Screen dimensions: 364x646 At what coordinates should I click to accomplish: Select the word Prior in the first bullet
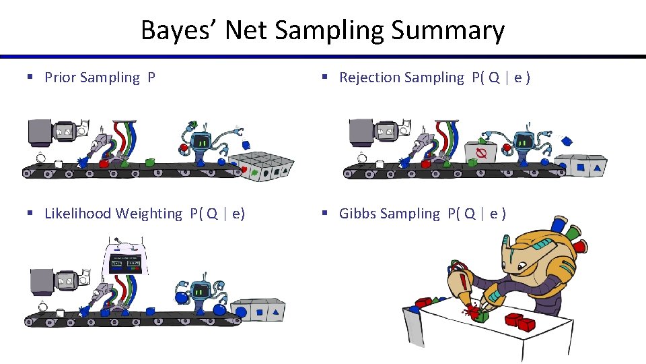(60, 78)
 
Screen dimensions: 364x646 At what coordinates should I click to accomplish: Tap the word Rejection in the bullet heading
(369, 78)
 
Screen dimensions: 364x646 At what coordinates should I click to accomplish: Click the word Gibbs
(357, 214)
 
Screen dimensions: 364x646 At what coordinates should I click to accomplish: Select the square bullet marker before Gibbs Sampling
(324, 214)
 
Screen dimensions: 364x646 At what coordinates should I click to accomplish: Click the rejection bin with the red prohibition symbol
(481, 154)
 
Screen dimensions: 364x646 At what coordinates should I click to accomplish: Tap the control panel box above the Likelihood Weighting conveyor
(125, 260)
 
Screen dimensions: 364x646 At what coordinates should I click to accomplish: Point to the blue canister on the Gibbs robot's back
(557, 225)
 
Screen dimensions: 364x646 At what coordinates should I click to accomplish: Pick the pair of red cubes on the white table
(521, 320)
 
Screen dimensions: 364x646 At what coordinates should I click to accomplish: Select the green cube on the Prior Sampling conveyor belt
(149, 162)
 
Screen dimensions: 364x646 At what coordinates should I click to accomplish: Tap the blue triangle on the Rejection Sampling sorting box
(597, 164)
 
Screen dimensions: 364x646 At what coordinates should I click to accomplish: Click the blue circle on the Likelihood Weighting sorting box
(259, 311)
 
